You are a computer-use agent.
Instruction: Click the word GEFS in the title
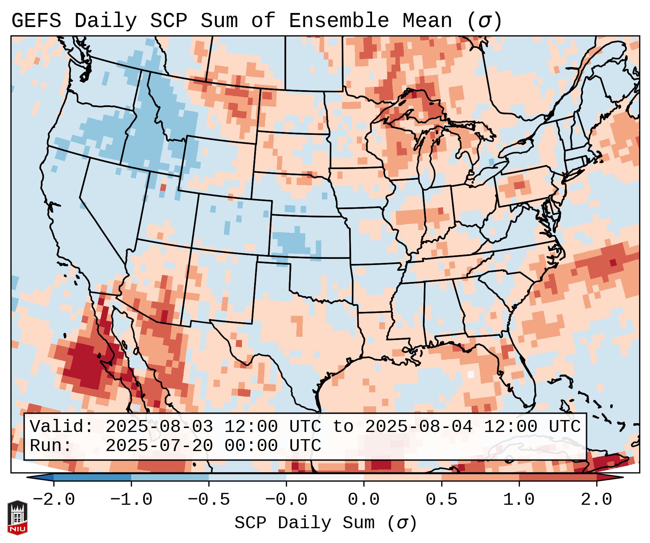pos(36,21)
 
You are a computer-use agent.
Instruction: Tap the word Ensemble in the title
pos(339,21)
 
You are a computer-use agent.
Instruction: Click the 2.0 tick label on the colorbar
pos(597,500)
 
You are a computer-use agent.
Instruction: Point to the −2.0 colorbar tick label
pos(54,500)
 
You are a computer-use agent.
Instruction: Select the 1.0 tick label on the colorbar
pos(519,500)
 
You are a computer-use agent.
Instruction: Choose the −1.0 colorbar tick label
pos(131,500)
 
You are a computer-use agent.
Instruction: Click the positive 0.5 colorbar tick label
pos(441,500)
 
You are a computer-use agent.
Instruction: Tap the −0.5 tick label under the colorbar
pos(209,500)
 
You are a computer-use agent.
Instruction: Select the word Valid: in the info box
pos(62,427)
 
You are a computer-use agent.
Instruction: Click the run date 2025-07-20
pos(159,446)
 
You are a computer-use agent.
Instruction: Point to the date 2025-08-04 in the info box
pos(419,427)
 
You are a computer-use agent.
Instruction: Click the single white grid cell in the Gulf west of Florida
pos(471,374)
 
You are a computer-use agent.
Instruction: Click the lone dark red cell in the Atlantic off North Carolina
pos(613,262)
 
